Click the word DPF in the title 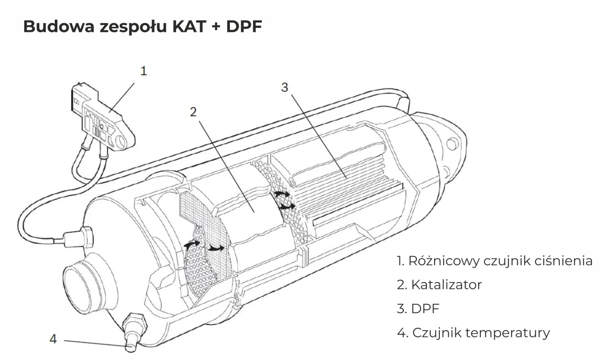tap(244, 26)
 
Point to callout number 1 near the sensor tap(143, 71)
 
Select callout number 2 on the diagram tap(193, 112)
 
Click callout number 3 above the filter tap(284, 87)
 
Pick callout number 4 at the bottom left tap(53, 339)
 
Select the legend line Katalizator tap(439, 284)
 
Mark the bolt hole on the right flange tap(451, 143)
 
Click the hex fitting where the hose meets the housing tap(87, 237)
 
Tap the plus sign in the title tap(216, 27)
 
